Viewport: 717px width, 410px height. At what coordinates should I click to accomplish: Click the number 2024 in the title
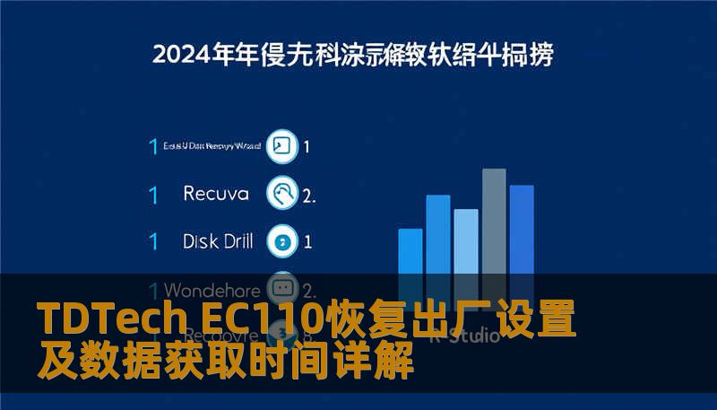point(179,54)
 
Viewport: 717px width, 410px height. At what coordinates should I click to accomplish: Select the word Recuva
point(215,193)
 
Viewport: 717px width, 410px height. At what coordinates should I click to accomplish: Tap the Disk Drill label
point(218,240)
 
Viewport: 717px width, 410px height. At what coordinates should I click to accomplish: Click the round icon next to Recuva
point(283,193)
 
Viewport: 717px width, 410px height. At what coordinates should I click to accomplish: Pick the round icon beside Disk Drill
point(283,240)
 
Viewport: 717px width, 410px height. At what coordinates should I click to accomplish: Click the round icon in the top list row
point(282,145)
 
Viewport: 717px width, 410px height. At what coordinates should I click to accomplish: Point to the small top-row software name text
point(212,145)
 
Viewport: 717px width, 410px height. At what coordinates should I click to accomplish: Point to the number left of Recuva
point(153,194)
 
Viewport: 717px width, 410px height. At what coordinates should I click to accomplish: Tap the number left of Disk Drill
point(153,241)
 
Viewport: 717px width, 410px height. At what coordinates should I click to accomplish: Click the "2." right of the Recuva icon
point(309,195)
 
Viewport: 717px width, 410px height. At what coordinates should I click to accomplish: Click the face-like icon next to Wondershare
point(283,289)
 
